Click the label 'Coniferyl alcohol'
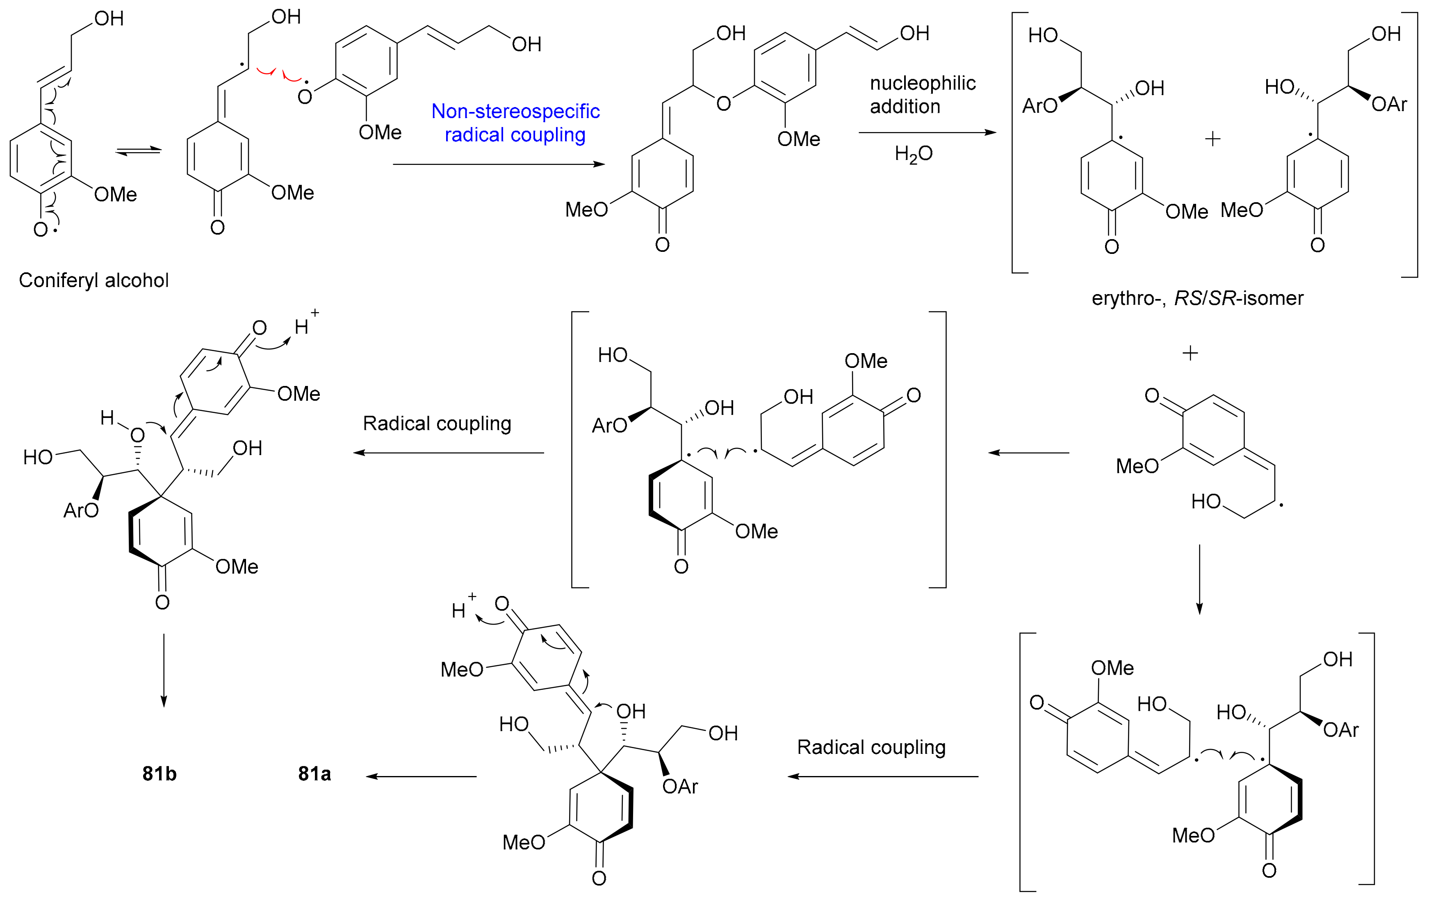94,280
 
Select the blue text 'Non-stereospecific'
515,111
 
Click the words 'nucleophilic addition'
922,94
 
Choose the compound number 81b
160,774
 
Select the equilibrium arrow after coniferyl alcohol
138,151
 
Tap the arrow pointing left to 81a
421,777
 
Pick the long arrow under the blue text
499,164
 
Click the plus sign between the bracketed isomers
1212,139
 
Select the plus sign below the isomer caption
1190,353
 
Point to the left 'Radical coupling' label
437,424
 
